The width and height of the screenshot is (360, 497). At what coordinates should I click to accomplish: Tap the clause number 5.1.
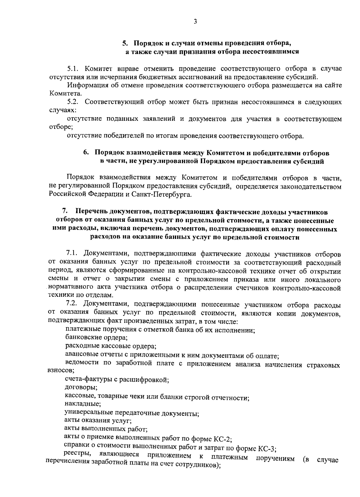(x=73, y=69)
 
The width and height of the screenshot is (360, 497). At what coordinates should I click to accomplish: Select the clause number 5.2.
(x=73, y=102)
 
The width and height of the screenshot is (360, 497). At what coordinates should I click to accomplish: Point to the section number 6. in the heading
(x=86, y=153)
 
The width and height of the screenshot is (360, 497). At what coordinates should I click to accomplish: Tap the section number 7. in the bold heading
(x=64, y=212)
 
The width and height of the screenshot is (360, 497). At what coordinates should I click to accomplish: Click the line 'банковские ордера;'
(x=97, y=338)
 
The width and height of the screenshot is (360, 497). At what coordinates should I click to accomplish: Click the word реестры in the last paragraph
(x=75, y=456)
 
